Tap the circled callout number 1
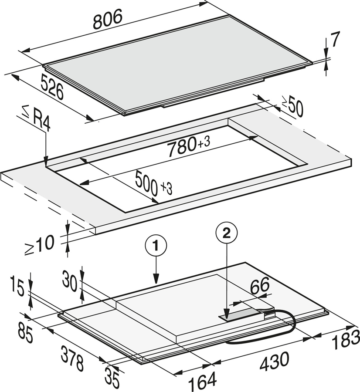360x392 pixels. pos(156,246)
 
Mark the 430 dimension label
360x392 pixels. pos(274,361)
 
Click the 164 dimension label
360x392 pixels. pos(202,382)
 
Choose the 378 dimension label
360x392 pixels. pos(72,358)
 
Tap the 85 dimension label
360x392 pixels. pos(25,335)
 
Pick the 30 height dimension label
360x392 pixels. pos(70,281)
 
